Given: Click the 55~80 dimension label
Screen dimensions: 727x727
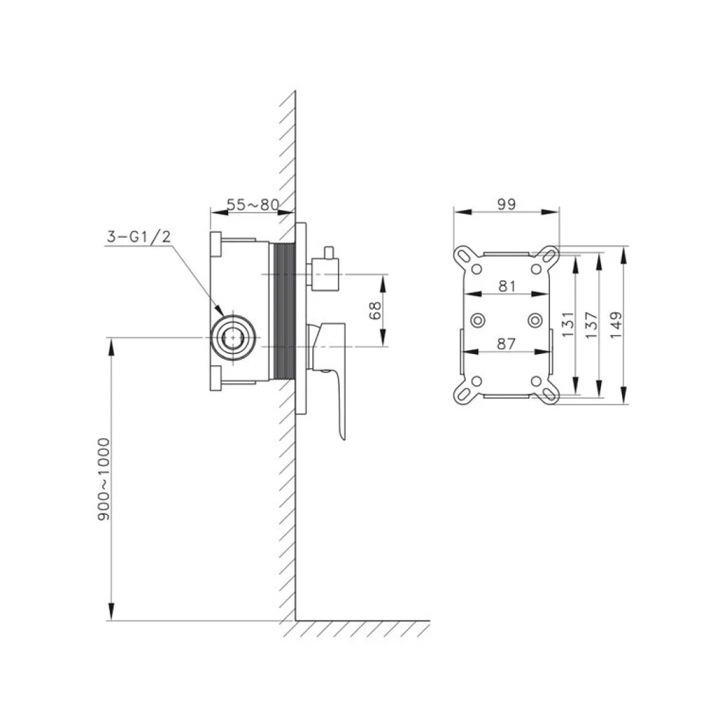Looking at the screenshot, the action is pyautogui.click(x=252, y=205).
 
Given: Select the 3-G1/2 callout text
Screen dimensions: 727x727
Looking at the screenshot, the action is pyautogui.click(x=139, y=236).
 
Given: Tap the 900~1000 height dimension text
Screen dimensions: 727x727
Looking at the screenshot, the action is pyautogui.click(x=104, y=479).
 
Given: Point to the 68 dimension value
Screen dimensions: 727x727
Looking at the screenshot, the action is pyautogui.click(x=375, y=310).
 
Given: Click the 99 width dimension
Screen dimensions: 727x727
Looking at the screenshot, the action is pyautogui.click(x=506, y=204).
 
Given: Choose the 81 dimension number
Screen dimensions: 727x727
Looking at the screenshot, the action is pyautogui.click(x=507, y=286).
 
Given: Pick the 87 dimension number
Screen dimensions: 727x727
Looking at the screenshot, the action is pyautogui.click(x=506, y=343).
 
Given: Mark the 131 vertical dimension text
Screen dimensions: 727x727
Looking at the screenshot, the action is pyautogui.click(x=567, y=324).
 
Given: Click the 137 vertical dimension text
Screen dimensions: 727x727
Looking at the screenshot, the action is pyautogui.click(x=592, y=324).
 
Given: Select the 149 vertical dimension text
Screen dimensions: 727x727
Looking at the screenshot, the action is pyautogui.click(x=616, y=324).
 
